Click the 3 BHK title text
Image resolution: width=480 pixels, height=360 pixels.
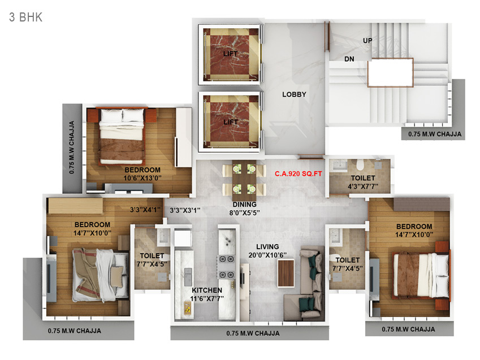click(x=25, y=17)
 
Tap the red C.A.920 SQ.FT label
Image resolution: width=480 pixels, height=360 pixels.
click(x=298, y=174)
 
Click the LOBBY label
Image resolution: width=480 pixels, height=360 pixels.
click(x=294, y=94)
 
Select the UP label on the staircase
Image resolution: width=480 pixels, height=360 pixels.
click(x=367, y=41)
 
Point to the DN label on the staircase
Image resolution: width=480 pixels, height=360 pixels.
click(x=349, y=59)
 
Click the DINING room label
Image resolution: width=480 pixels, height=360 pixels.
click(x=244, y=205)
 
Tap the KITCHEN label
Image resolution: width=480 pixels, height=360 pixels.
click(x=207, y=290)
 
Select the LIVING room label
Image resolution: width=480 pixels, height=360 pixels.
click(x=267, y=247)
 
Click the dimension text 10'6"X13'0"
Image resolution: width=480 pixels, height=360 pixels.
click(x=142, y=178)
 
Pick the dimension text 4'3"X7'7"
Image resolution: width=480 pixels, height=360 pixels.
click(x=363, y=186)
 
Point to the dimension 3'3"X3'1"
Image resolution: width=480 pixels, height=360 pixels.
click(x=185, y=210)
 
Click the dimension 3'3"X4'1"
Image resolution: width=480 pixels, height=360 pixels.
click(x=145, y=210)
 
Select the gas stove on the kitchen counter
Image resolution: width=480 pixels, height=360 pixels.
click(x=226, y=267)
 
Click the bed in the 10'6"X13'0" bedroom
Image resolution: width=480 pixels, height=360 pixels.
click(x=122, y=137)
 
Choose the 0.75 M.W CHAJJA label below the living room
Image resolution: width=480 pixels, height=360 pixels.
click(x=253, y=333)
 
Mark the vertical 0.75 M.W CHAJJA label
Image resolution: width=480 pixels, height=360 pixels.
click(x=72, y=148)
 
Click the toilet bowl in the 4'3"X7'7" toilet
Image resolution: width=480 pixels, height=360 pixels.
click(x=360, y=164)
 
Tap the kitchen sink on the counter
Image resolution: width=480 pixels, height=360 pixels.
click(x=188, y=276)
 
